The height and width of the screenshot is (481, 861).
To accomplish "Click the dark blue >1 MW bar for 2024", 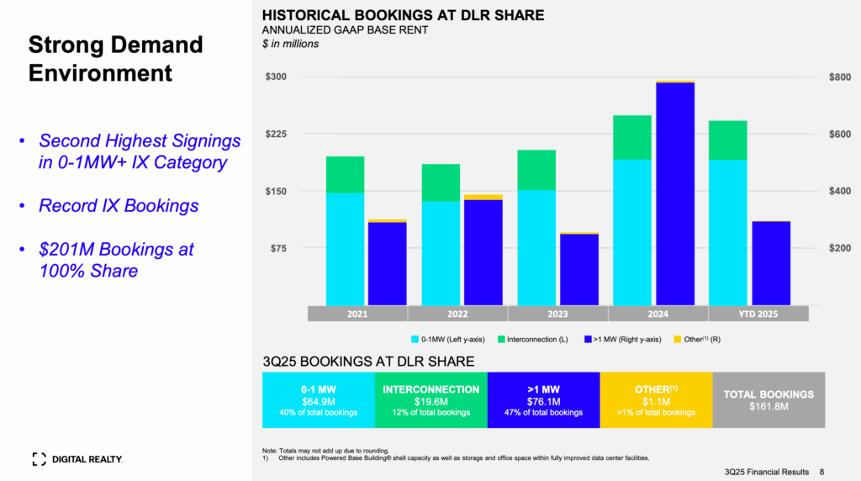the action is (675, 193).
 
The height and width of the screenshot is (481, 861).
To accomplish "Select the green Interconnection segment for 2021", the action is (346, 175).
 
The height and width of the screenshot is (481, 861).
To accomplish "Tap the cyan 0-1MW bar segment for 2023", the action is (536, 247).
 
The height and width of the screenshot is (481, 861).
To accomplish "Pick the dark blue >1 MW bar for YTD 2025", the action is (771, 263).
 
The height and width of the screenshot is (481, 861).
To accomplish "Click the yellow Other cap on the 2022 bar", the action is (483, 197).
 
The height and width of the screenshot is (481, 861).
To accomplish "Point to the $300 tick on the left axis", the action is (276, 77).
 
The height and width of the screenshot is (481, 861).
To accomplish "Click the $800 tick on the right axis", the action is (840, 77).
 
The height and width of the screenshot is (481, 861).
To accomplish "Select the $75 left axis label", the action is (279, 248).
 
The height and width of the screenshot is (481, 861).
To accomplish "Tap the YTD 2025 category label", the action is (758, 314).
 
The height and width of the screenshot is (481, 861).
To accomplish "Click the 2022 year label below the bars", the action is (457, 314).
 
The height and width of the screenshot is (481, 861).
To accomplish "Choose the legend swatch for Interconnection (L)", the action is (501, 340).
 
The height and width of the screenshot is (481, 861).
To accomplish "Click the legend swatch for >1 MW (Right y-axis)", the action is (588, 340).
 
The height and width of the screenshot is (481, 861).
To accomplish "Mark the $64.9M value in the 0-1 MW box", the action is (319, 402).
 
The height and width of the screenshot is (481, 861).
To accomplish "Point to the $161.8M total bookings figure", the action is (769, 406).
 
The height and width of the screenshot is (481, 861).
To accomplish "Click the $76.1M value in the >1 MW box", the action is (544, 402).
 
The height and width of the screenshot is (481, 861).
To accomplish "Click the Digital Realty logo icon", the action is (39, 459).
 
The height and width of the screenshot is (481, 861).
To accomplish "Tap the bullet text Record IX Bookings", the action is (119, 205).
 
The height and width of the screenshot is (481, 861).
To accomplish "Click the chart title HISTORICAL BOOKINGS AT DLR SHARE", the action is (403, 15).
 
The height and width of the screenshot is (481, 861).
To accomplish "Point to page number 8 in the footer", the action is (822, 472).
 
